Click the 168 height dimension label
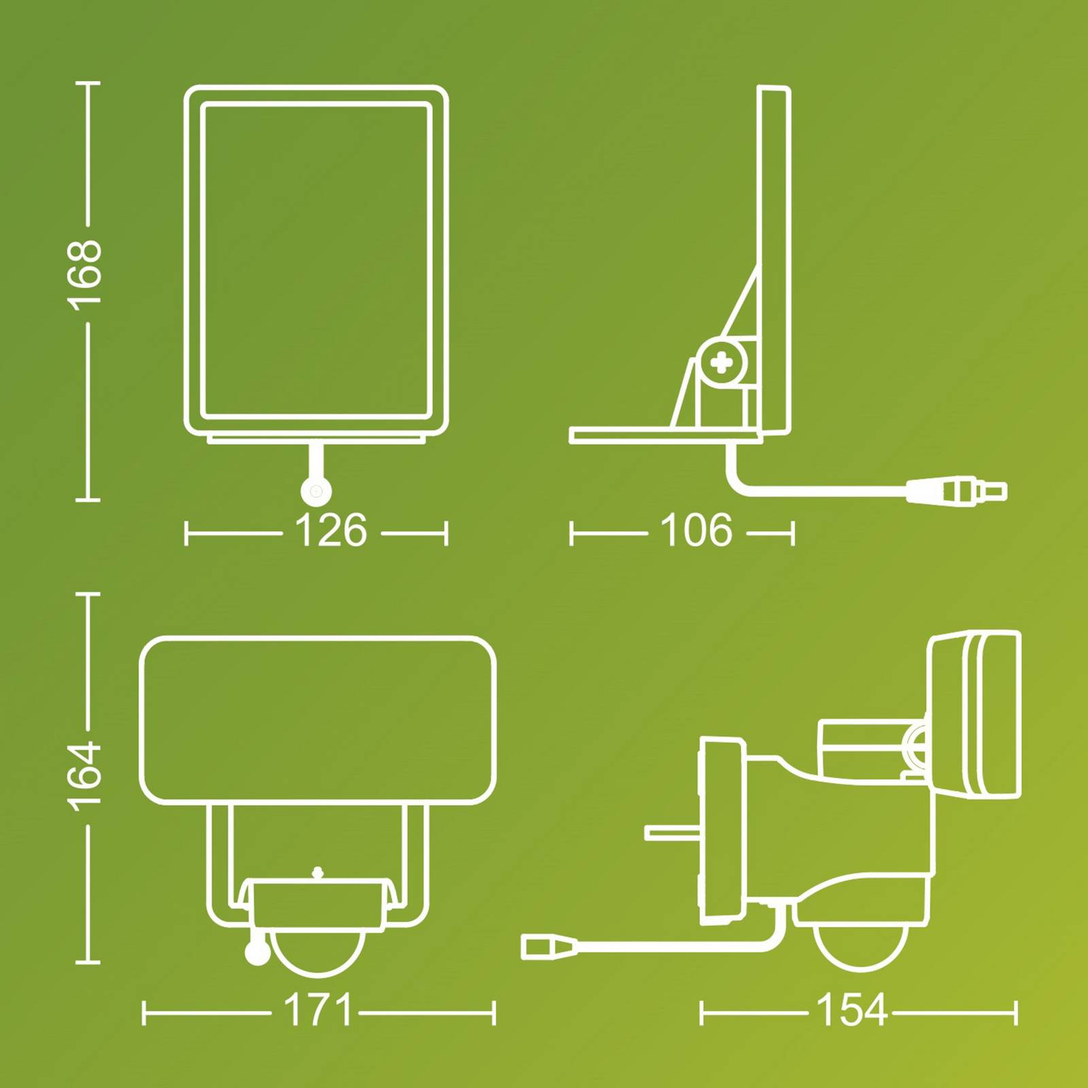coord(85,271)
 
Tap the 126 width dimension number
coord(331,530)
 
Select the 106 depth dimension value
coord(696,530)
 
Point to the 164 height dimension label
coord(85,776)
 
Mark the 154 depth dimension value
coord(852,1010)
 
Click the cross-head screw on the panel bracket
coord(721,364)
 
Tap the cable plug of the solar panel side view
coord(957,490)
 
